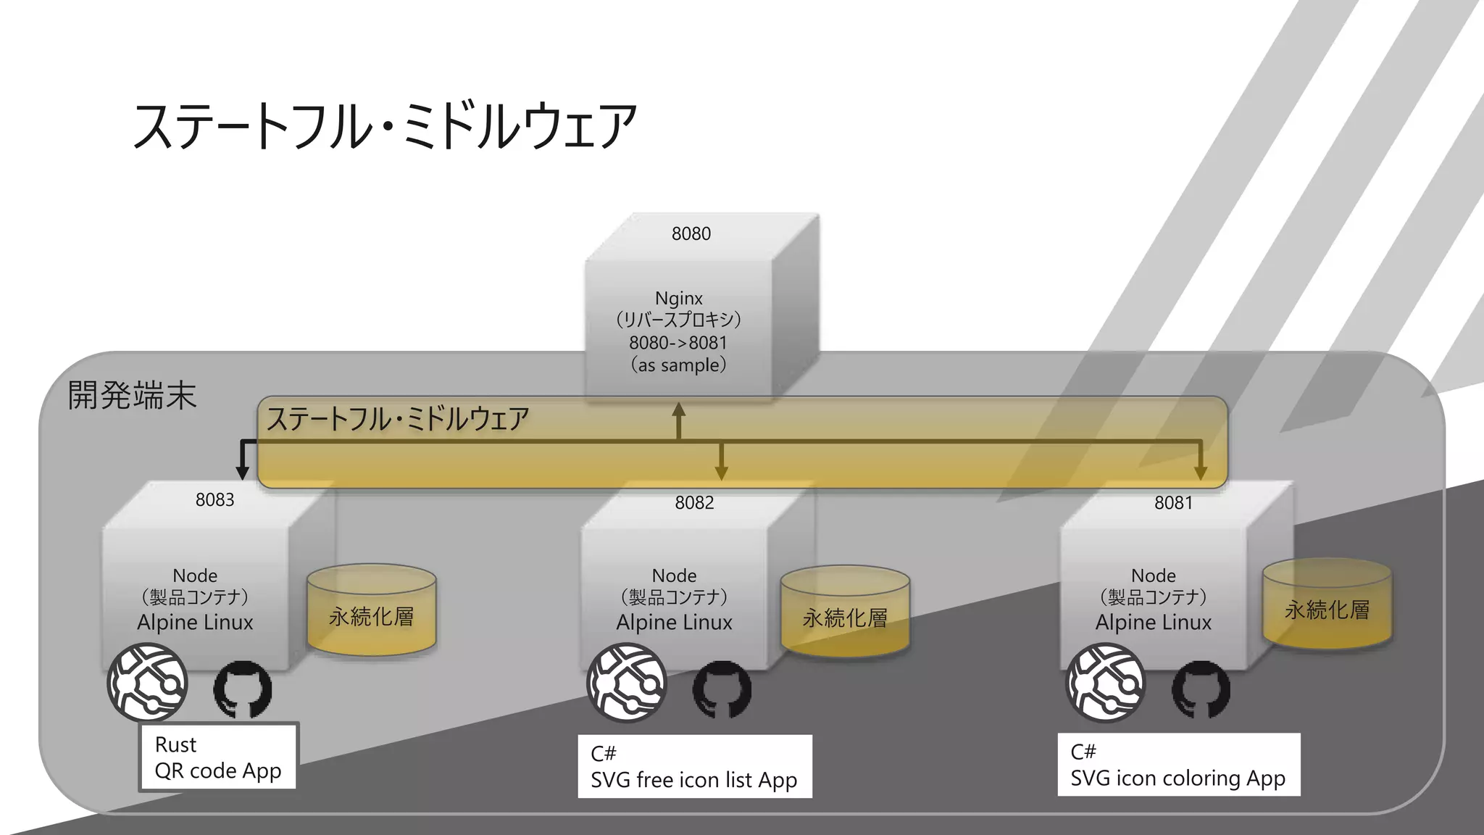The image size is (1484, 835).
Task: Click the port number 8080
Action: pos(691,233)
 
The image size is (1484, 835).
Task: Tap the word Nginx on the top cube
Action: pos(678,298)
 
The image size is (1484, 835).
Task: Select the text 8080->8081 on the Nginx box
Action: pos(678,342)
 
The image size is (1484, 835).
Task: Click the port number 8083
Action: pos(214,499)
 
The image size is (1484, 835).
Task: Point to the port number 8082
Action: pos(694,502)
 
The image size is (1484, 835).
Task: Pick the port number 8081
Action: pos(1173,502)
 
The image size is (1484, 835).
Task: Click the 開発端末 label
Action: pos(132,396)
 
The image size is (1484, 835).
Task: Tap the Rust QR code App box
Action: pos(218,757)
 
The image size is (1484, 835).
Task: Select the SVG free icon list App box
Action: pos(694,767)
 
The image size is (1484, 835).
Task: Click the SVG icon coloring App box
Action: pos(1178,765)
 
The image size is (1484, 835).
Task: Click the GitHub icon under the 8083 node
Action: pos(243,689)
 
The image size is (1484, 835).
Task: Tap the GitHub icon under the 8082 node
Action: pos(722,689)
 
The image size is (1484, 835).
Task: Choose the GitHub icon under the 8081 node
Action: pos(1201,689)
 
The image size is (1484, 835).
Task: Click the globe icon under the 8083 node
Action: pos(148,683)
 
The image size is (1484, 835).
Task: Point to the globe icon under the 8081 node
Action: pos(1106,683)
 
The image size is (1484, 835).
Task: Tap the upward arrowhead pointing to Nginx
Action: pos(678,410)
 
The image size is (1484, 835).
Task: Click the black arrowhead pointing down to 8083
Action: pos(243,473)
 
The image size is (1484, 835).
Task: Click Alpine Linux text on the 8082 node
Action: pos(674,622)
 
